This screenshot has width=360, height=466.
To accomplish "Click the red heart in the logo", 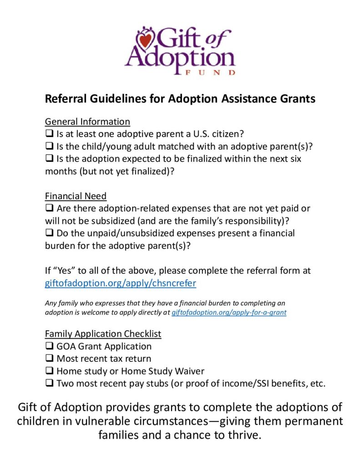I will coord(144,41).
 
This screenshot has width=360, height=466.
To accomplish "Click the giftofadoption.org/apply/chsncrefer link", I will coord(121,283).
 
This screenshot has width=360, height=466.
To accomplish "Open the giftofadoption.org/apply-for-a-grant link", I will coord(229,313).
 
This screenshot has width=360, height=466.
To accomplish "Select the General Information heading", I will coord(87,122).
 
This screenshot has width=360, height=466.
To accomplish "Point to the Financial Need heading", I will coord(76,196).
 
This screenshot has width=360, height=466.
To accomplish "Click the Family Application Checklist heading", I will coord(103,334).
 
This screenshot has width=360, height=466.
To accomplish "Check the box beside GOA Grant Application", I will coord(49,346).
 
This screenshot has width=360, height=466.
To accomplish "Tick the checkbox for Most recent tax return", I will coord(49,359).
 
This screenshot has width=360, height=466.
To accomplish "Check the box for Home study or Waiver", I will coord(49,371).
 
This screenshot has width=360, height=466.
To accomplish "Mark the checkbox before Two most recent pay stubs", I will coord(49,383).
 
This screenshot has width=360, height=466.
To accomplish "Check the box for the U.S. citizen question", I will coord(49,134).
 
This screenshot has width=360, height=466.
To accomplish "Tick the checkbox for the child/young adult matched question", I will coord(49,147).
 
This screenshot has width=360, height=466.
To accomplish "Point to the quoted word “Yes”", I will coord(64,270).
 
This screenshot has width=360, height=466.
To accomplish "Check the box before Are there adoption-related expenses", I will coord(49,208).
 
